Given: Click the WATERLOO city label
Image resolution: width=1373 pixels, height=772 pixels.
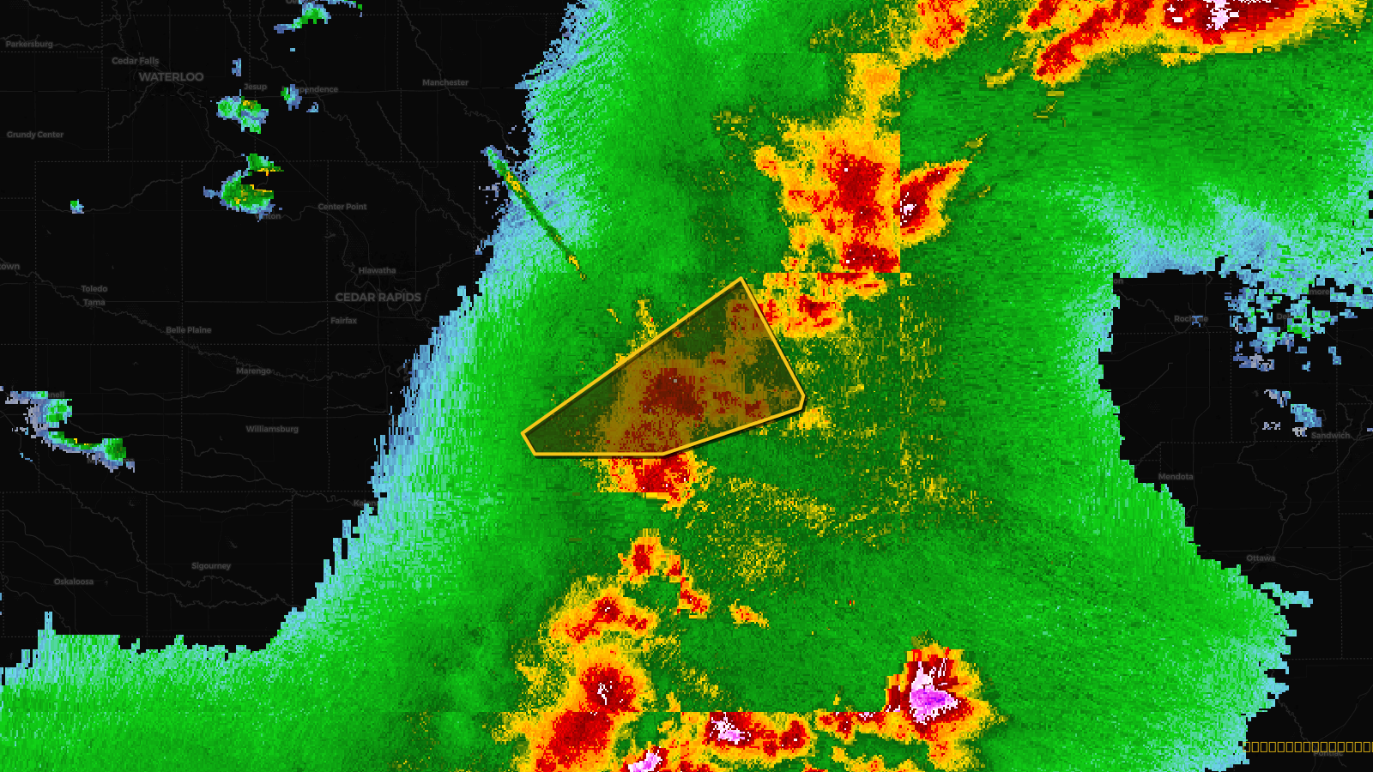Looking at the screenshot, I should [172, 77].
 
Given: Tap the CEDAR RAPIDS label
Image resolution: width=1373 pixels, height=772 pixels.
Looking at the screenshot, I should [378, 298].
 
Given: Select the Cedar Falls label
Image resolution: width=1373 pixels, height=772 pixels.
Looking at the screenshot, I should [136, 61].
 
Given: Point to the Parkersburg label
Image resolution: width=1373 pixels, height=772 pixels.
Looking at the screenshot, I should [29, 44].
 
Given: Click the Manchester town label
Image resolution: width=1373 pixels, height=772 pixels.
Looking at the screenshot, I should [445, 83].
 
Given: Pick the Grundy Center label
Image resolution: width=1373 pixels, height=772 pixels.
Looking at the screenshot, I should [35, 135].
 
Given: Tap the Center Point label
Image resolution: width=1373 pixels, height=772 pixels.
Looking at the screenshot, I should [342, 207].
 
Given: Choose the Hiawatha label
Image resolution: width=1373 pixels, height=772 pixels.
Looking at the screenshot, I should [378, 270].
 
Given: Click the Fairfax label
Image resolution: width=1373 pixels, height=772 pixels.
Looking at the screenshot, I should [344, 321].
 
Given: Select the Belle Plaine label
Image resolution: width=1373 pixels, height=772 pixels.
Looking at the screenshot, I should [189, 330].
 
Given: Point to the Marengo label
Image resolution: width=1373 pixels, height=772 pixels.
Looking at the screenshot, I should [253, 371].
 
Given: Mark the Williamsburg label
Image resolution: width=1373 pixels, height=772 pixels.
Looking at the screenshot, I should [272, 429].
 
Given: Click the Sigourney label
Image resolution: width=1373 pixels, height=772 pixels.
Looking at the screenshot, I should [211, 566].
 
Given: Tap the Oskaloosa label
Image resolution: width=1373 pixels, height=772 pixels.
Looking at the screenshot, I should [74, 582].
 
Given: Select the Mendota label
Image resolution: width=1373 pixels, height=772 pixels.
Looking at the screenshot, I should [1176, 477].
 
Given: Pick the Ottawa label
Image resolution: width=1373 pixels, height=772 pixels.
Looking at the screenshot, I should [1261, 558].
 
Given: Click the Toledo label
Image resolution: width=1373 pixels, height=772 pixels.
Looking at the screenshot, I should [94, 289].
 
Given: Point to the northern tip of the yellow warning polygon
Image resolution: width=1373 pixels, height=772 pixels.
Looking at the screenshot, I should [741, 279].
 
